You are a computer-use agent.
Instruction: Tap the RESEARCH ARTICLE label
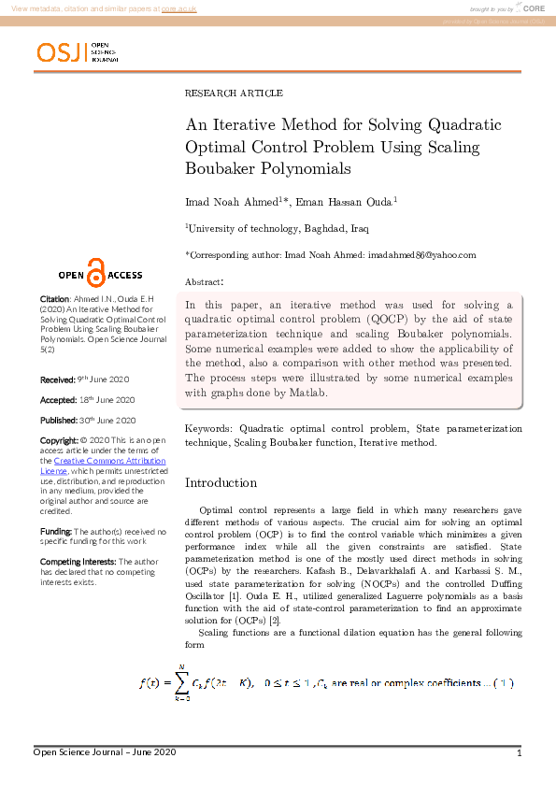234,93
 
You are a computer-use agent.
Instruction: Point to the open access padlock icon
94,271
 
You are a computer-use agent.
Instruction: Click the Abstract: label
204,281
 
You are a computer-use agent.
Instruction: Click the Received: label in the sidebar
57,379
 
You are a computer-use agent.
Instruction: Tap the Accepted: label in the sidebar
58,400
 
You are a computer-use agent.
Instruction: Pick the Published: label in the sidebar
59,421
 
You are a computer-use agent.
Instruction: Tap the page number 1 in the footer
519,753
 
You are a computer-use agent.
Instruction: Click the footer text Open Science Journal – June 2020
105,752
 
